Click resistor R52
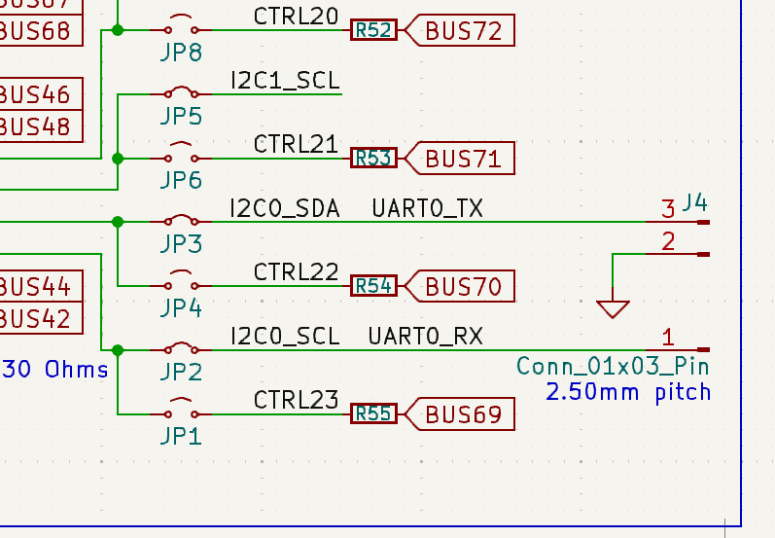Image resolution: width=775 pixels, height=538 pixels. pos(373,31)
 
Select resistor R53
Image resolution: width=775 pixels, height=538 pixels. pos(373,158)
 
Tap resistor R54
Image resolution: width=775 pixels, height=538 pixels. pos(373,286)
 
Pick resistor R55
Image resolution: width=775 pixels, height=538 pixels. pos(373,414)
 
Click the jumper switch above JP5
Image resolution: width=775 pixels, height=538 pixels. pos(180,91)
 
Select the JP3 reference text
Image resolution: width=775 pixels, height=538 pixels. pos(181,244)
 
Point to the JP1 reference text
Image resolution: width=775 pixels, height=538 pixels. pos(181,436)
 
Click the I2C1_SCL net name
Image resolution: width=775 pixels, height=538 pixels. pos(285,80)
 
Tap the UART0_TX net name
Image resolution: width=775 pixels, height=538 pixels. pos(427,207)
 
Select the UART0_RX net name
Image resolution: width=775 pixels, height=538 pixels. pos(425,337)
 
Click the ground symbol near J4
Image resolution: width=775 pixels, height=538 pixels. pos(613,307)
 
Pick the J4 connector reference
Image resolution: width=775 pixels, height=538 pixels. pos(694,203)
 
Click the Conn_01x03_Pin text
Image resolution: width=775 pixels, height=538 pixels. pos(613,367)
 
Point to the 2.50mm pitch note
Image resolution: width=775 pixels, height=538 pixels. pos(627,392)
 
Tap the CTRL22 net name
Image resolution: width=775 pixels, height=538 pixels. pos(296,271)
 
